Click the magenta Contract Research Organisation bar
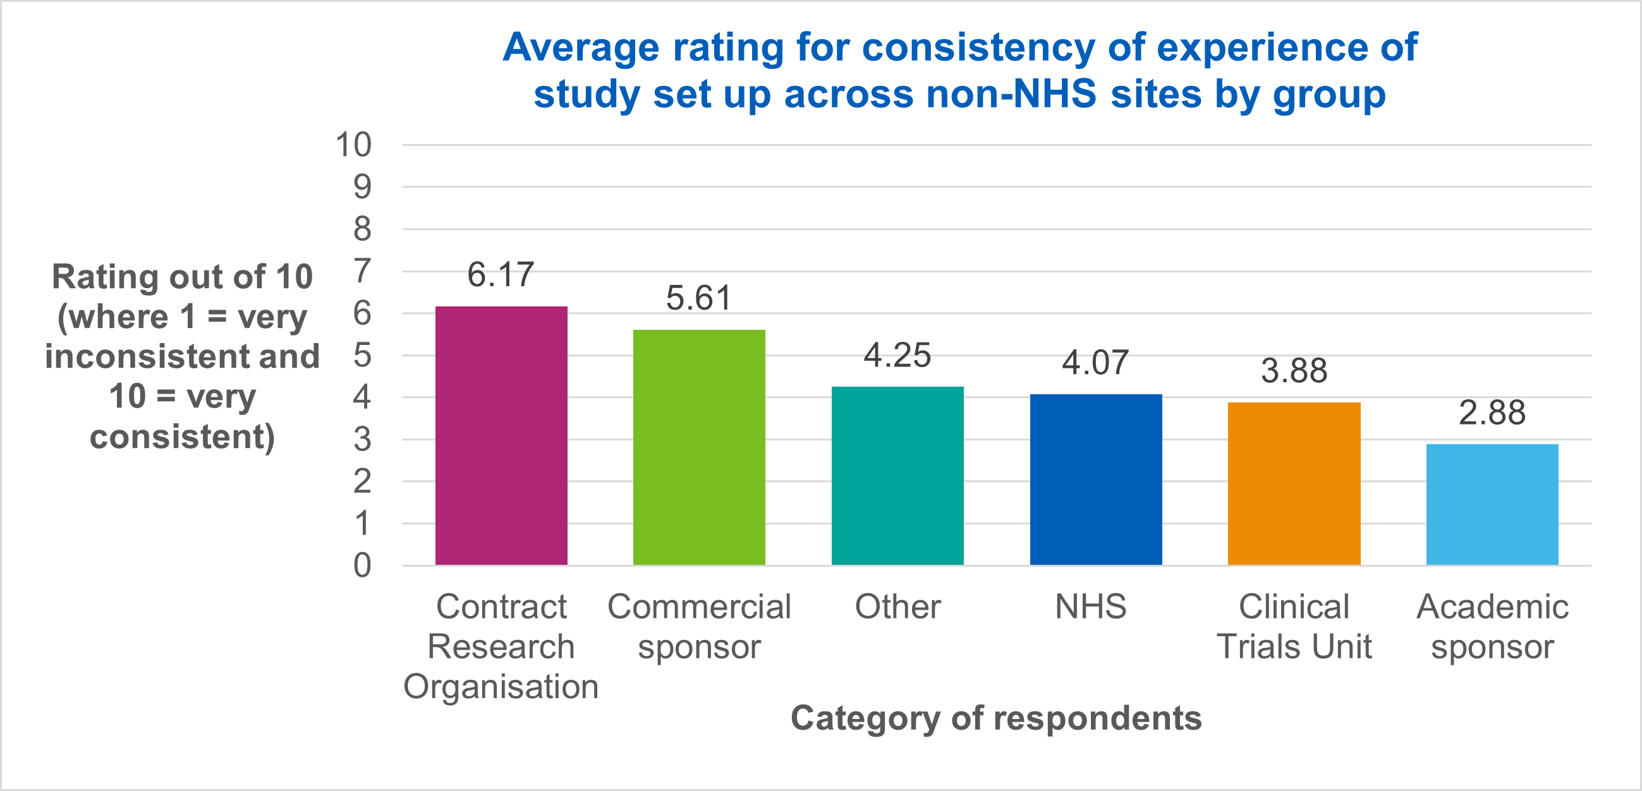(x=501, y=436)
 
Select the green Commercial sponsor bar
(x=699, y=447)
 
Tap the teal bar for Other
(x=897, y=476)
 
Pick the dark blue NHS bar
(x=1096, y=480)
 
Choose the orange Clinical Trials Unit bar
(x=1294, y=483)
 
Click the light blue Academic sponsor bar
(x=1492, y=504)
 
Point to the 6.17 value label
(x=501, y=275)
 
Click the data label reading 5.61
(x=699, y=298)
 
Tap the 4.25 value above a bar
(x=897, y=355)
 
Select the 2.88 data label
(x=1492, y=413)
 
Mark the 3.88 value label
(x=1294, y=371)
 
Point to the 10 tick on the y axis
(x=353, y=145)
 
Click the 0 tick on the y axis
(x=362, y=565)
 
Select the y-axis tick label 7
(x=362, y=271)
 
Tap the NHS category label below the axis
(x=1091, y=606)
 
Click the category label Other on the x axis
(x=897, y=606)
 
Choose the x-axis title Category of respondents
(x=996, y=718)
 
